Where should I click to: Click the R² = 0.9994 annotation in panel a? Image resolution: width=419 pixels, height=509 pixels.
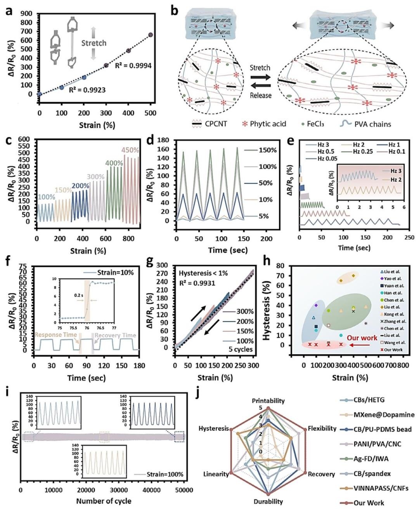(x=133, y=66)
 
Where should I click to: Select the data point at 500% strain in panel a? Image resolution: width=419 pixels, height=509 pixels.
(x=151, y=35)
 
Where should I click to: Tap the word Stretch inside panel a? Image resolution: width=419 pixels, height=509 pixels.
(x=94, y=43)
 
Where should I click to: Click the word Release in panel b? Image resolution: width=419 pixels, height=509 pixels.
(x=261, y=96)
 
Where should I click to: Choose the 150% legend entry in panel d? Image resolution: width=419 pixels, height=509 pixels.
(x=268, y=150)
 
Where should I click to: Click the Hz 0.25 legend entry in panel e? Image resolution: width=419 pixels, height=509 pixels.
(x=364, y=151)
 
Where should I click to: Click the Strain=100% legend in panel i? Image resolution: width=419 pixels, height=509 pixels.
(x=165, y=474)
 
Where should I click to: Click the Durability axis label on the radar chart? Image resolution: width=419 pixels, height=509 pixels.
(x=268, y=501)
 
